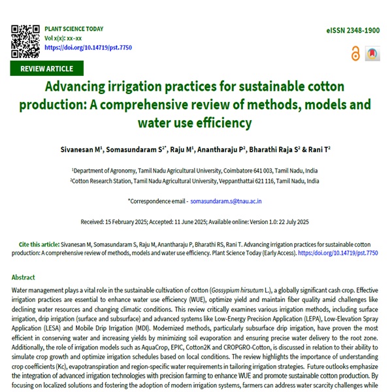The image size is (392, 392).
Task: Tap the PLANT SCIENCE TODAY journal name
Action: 74,29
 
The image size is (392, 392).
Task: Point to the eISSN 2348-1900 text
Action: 353,31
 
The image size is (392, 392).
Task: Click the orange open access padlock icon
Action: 355,54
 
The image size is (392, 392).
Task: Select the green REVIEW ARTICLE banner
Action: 47,69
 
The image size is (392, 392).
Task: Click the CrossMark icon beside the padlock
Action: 372,54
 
